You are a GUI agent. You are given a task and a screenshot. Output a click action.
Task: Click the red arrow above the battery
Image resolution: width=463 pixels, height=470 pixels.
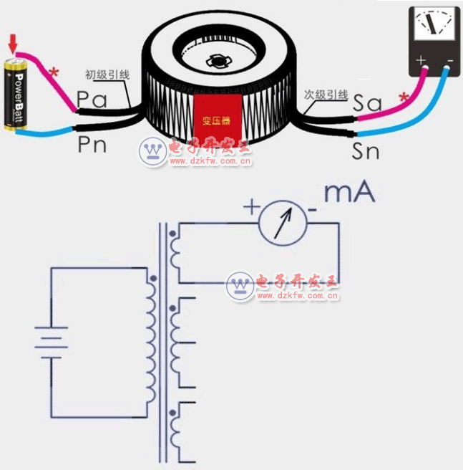click(12, 46)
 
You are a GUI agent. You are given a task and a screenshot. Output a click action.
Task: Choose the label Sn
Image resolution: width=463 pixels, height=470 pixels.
click(367, 150)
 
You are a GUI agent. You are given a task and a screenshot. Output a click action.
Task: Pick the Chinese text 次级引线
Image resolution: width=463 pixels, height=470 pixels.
click(326, 95)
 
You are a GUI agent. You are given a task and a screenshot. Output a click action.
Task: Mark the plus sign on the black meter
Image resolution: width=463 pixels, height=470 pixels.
click(421, 60)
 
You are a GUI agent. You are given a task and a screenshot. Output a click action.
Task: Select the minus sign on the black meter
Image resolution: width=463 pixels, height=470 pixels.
click(450, 60)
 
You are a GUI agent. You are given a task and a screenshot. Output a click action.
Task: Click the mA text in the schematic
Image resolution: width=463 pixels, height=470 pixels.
click(349, 193)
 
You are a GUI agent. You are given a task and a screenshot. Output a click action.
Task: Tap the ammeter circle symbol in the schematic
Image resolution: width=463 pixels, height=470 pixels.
click(282, 223)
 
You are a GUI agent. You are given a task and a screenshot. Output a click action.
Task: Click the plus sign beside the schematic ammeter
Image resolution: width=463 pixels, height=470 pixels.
click(251, 208)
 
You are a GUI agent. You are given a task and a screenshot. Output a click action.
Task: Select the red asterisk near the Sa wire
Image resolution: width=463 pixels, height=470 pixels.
click(404, 97)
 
